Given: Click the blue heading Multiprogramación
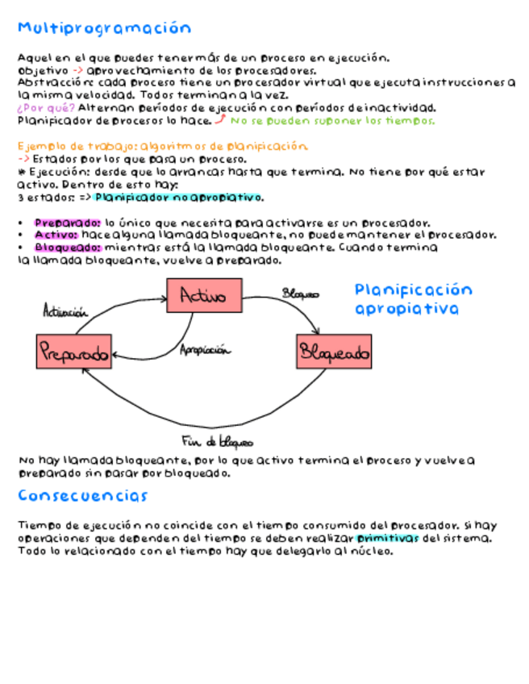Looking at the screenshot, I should tap(105, 29).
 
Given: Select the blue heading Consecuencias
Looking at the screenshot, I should tap(83, 495).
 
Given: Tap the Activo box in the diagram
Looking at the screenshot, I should tap(204, 296).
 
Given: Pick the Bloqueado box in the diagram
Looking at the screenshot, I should tap(334, 352).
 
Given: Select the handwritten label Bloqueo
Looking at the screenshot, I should tap(300, 294).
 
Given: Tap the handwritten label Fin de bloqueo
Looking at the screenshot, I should tap(217, 441).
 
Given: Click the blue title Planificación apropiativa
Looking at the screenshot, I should tap(413, 299).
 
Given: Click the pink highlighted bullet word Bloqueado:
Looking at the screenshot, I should tap(68, 248).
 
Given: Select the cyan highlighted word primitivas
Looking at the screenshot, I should tap(388, 538).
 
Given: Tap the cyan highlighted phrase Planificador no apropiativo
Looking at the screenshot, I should tap(178, 198).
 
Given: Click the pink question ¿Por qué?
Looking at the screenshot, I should tap(46, 108).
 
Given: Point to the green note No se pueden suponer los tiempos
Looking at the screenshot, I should tap(332, 121).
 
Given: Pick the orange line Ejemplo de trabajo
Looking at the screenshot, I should tap(162, 147).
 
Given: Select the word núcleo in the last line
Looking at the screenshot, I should tap(373, 551).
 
